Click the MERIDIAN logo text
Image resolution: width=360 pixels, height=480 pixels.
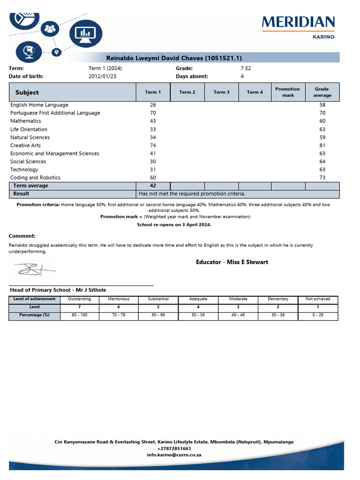pyautogui.click(x=298, y=22)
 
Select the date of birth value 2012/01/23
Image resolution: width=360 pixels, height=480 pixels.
pyautogui.click(x=102, y=76)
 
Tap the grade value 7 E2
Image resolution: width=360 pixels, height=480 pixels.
pyautogui.click(x=246, y=68)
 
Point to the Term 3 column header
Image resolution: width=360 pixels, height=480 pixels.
pyautogui.click(x=221, y=92)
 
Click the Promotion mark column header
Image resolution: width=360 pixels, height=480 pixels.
pyautogui.click(x=287, y=92)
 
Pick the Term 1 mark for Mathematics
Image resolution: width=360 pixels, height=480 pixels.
pyautogui.click(x=153, y=121)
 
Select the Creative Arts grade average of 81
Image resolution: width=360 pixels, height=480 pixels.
pyautogui.click(x=322, y=145)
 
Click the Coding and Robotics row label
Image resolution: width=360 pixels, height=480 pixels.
pyautogui.click(x=35, y=178)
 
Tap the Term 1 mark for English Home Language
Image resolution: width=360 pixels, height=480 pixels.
pyautogui.click(x=153, y=105)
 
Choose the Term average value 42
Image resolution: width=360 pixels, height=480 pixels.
pyautogui.click(x=153, y=186)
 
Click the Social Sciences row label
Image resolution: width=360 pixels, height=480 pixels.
pyautogui.click(x=28, y=162)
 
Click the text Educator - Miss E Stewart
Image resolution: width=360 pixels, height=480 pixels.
pyautogui.click(x=232, y=262)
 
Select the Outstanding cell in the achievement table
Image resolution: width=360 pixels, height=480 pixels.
pyautogui.click(x=80, y=299)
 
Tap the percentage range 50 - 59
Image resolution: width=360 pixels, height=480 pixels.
pyautogui.click(x=198, y=315)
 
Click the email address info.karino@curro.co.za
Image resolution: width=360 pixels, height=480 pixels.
pyautogui.click(x=174, y=455)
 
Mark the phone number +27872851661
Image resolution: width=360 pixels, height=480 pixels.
pyautogui.click(x=174, y=449)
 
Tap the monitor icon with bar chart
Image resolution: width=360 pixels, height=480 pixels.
pyautogui.click(x=85, y=33)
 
